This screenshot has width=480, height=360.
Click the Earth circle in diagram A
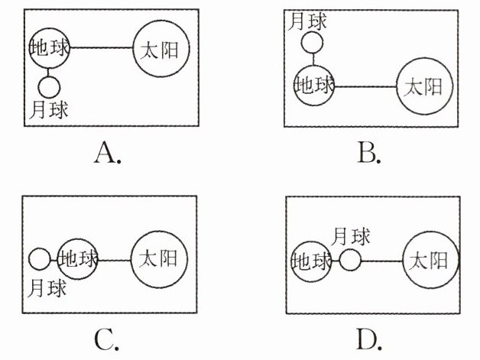50,48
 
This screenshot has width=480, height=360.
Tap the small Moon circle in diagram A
50,85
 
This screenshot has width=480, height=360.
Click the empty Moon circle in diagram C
39,260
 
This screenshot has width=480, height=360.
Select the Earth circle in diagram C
79,258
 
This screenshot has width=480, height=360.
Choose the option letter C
108,336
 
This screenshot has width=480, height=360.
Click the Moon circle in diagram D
349,261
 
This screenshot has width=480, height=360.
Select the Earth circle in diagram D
313,261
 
